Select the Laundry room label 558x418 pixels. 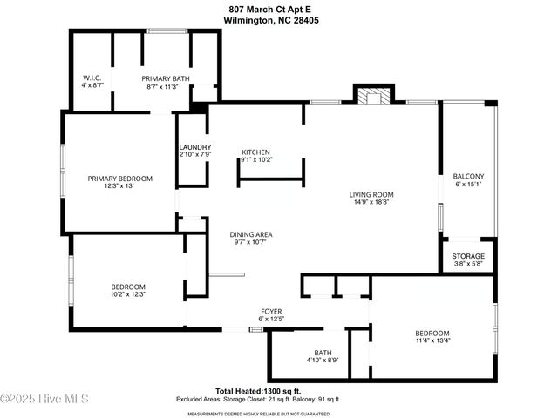(x=194, y=147)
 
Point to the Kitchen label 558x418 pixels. (x=255, y=152)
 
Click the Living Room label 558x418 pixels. (x=371, y=194)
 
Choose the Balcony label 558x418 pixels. (x=468, y=176)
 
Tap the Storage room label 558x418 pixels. (x=468, y=255)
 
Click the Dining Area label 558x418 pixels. (x=251, y=234)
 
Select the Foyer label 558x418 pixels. (x=271, y=311)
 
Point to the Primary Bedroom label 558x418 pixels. (x=119, y=179)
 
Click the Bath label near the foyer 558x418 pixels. (x=323, y=353)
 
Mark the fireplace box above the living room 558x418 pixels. (x=374, y=96)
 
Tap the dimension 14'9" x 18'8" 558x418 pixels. (x=371, y=203)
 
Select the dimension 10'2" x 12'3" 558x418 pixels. (x=127, y=295)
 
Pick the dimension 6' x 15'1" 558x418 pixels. (x=468, y=185)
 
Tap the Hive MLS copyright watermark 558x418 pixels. (x=44, y=399)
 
